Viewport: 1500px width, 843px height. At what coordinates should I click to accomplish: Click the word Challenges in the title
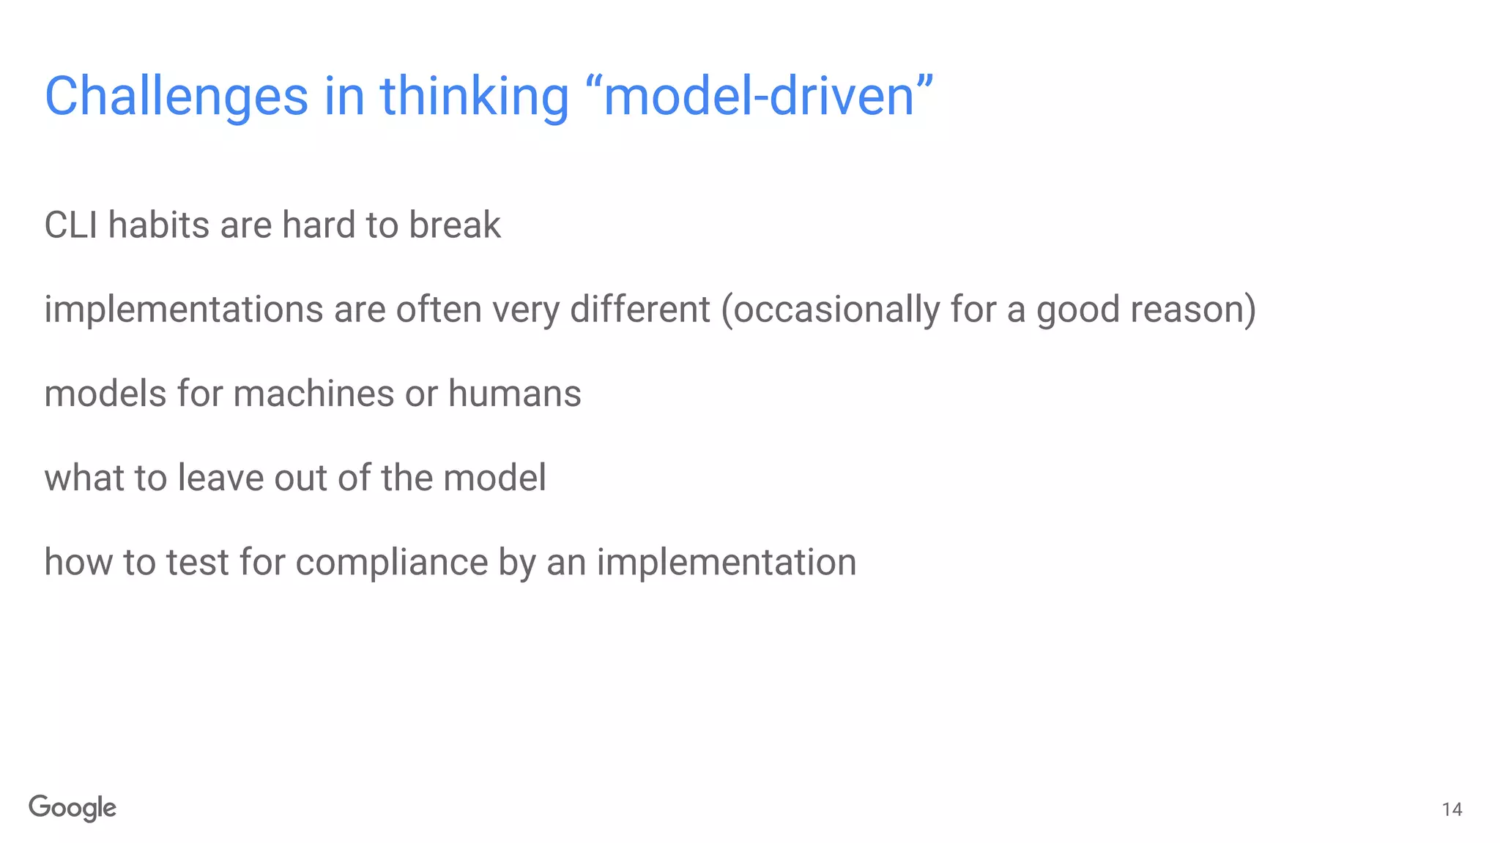[x=177, y=97]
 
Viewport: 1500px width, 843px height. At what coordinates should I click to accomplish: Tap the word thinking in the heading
[x=474, y=97]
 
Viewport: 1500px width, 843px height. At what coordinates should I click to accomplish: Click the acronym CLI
[x=70, y=225]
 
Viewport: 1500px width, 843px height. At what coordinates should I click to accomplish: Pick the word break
[x=455, y=225]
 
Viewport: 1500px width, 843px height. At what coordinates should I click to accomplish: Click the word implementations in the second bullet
[x=183, y=310]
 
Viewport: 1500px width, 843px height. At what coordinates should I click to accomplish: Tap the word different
[x=639, y=310]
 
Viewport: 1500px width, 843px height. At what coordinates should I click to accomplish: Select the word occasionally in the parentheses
[x=836, y=310]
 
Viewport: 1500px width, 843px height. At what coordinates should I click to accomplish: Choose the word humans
[x=514, y=394]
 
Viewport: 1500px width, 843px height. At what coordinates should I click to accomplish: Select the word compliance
[x=391, y=563]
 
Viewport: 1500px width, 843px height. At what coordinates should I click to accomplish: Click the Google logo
[x=73, y=808]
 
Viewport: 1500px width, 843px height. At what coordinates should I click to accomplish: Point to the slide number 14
[x=1452, y=809]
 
